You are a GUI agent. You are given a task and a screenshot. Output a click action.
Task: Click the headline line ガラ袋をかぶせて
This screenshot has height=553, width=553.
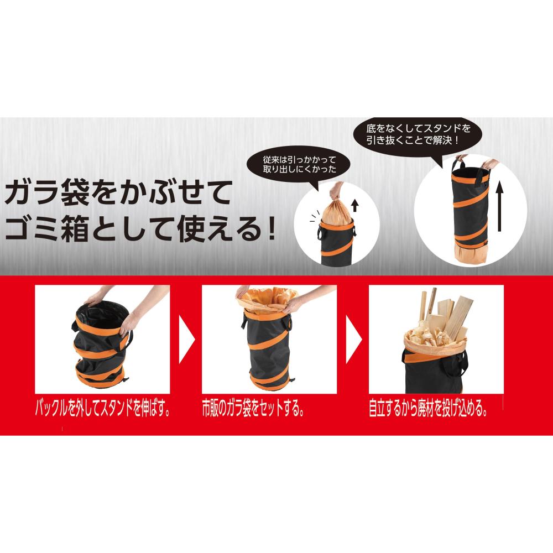coord(118,192)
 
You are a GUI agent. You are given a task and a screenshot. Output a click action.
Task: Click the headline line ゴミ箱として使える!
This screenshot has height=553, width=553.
coord(140,229)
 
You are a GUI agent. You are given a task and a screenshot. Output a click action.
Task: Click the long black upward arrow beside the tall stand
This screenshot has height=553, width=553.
coord(499,207)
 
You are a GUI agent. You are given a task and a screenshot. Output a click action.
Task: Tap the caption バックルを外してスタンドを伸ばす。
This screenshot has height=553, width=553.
coord(103,409)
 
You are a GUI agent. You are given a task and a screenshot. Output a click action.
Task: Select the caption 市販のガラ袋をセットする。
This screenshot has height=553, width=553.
coord(253,409)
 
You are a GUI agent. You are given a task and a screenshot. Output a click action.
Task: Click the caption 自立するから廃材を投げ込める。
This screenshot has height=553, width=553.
coord(429,409)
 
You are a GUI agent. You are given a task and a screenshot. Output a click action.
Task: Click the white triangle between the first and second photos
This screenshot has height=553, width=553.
coord(186,340)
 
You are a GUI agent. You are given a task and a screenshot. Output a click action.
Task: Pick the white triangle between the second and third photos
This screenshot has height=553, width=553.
coord(353,340)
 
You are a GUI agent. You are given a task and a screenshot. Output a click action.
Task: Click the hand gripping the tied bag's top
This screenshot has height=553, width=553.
coord(336,192)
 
